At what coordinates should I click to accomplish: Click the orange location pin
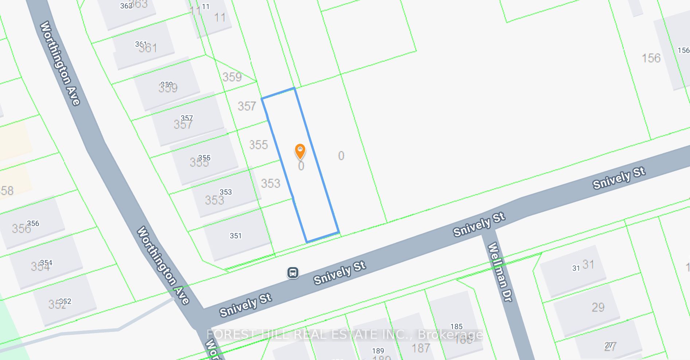(x=300, y=151)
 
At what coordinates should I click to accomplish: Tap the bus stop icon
(x=293, y=273)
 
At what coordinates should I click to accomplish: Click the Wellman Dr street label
(x=499, y=272)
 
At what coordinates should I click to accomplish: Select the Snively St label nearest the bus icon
(x=340, y=273)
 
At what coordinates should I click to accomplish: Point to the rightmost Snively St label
(x=619, y=178)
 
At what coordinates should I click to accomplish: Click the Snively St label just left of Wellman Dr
(x=479, y=224)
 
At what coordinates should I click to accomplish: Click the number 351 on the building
(x=236, y=236)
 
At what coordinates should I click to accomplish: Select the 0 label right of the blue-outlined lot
(x=341, y=156)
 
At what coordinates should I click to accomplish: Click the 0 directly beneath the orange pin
(x=301, y=166)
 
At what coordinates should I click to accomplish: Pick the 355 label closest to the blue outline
(x=258, y=145)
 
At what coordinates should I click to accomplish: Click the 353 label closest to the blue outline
(x=270, y=183)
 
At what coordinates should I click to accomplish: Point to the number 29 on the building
(x=598, y=307)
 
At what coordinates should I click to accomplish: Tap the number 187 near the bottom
(x=421, y=348)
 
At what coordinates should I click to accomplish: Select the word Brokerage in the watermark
(x=450, y=334)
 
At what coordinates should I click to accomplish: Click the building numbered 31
(x=573, y=271)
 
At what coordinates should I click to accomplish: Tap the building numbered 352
(x=65, y=301)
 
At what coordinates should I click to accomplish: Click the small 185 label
(x=456, y=326)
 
